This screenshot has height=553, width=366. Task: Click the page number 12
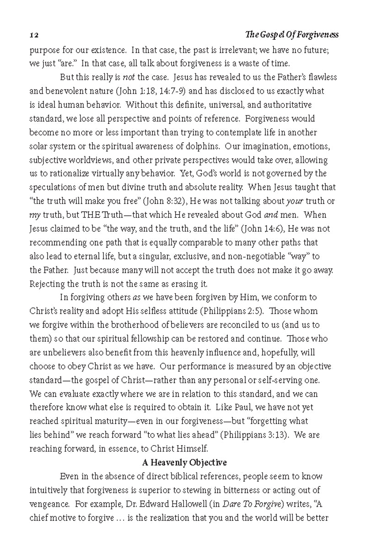(32, 35)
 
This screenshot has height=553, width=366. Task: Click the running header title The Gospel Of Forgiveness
(292, 35)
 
